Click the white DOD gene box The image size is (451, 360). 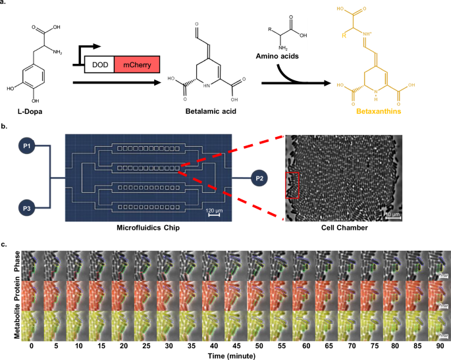[x=99, y=64]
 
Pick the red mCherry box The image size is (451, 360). [x=136, y=64]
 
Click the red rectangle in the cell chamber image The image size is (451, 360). [x=292, y=184]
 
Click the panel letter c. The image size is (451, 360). [x=4, y=244]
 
